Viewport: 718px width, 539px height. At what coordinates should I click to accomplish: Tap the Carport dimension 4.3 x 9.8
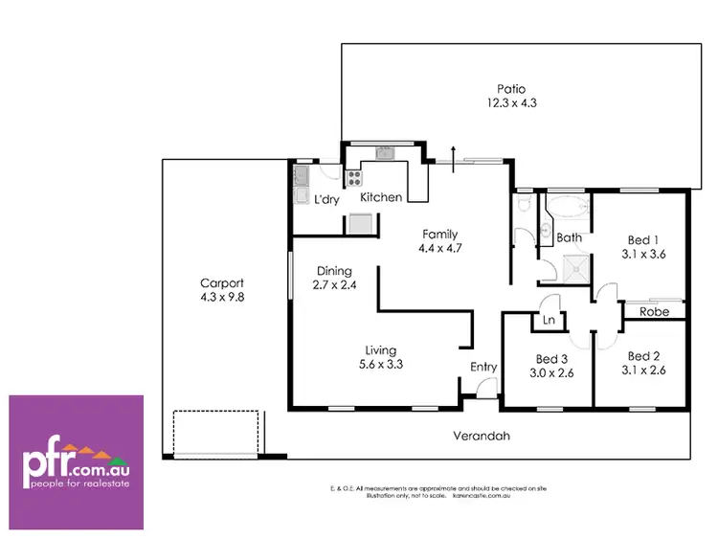[x=221, y=297]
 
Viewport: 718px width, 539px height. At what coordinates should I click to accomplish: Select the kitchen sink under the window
[x=385, y=151]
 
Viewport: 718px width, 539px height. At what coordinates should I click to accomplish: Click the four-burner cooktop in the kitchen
[x=354, y=177]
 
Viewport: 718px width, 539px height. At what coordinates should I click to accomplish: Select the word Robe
[x=654, y=312]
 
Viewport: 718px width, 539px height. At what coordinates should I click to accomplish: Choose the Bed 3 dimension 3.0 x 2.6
[x=553, y=373]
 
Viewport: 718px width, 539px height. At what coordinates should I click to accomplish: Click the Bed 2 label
[x=642, y=355]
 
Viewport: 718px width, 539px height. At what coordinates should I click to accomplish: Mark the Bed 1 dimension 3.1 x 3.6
[x=642, y=255]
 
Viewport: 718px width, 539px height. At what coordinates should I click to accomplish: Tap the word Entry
[x=482, y=367]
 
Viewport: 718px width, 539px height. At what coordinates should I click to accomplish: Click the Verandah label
[x=482, y=436]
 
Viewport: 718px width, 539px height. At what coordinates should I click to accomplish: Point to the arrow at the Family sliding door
[x=452, y=153]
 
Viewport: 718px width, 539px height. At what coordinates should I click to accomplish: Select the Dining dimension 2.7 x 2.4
[x=335, y=284]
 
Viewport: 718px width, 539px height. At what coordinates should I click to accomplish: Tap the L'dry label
[x=327, y=199]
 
